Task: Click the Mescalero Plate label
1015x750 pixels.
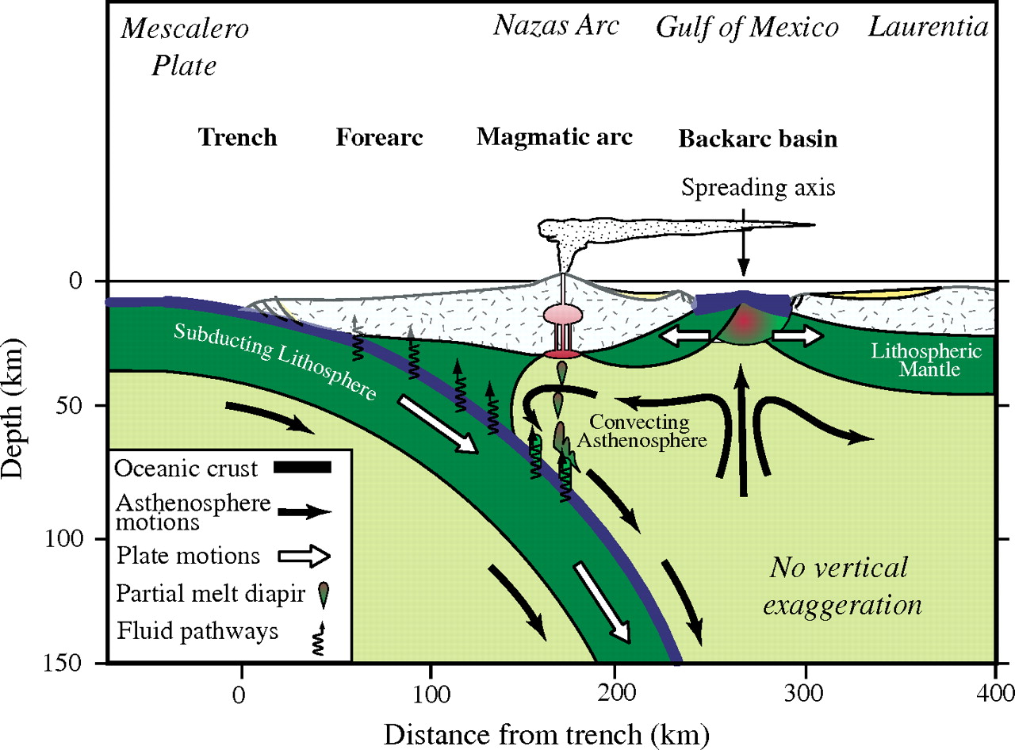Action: (x=184, y=48)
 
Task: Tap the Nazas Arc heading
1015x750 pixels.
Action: (x=556, y=26)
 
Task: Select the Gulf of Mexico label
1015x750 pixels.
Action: (x=747, y=28)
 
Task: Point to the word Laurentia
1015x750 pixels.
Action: (x=929, y=27)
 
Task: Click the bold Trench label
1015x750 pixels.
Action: (x=237, y=137)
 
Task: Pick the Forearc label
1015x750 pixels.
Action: (x=379, y=137)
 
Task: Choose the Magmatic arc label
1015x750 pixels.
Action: (x=554, y=137)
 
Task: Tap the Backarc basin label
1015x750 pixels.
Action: (x=757, y=140)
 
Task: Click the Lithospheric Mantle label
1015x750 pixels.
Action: (x=943, y=361)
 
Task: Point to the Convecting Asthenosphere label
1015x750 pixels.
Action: (x=644, y=430)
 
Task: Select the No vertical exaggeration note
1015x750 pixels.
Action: (x=840, y=587)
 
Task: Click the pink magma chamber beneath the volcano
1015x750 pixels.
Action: (x=562, y=315)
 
